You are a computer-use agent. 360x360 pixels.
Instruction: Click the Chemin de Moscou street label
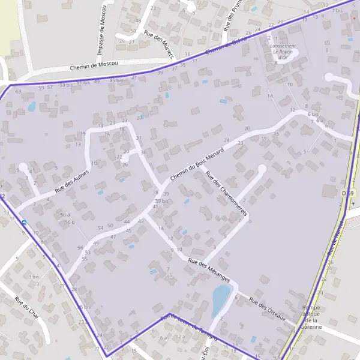(94, 65)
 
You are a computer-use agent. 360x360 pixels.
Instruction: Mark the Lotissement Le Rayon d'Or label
(283, 52)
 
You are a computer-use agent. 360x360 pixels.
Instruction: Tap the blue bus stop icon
(24, 222)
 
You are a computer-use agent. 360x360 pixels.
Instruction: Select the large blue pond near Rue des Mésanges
(220, 296)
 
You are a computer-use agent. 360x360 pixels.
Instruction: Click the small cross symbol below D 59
(353, 203)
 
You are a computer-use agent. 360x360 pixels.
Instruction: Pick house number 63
(18, 92)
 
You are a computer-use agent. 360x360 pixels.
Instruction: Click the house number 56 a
(65, 214)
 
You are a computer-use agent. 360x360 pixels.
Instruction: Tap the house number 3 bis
(33, 277)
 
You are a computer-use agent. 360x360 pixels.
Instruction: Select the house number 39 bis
(161, 201)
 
